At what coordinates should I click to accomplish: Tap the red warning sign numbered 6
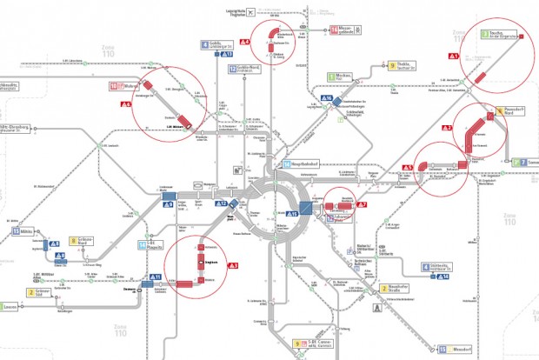(126, 103)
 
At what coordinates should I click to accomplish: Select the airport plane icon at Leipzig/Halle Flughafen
(250, 13)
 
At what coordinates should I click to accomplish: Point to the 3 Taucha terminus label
(501, 35)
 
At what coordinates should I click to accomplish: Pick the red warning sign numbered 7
(363, 205)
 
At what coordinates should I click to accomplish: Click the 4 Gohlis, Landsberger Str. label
(219, 43)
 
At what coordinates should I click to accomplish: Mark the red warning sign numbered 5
(407, 168)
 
